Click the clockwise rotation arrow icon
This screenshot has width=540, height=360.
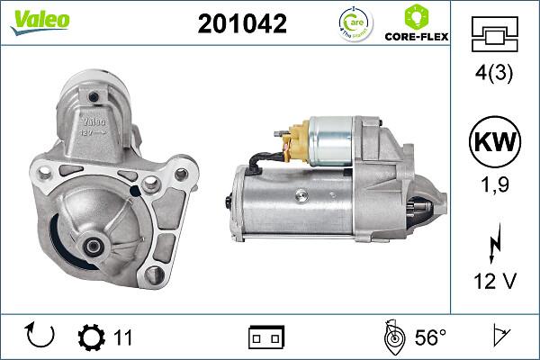coord(41,337)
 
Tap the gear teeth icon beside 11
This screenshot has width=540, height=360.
coord(91,337)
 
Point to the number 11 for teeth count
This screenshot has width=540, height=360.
coord(123,337)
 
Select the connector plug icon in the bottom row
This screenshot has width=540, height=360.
coord(266,337)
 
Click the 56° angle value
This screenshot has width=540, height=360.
coord(430,337)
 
